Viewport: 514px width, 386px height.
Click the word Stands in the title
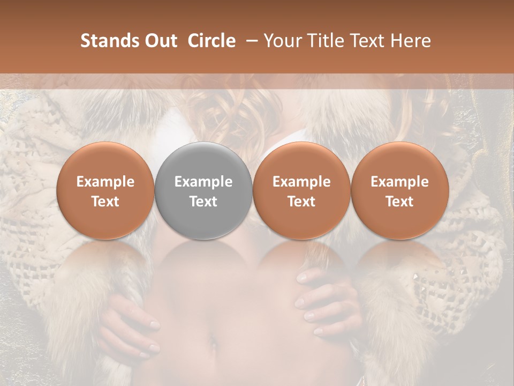click(107, 41)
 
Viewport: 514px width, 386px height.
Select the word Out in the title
click(160, 41)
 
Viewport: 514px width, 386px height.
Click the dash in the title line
click(250, 41)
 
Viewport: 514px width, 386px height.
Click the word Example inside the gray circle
click(203, 182)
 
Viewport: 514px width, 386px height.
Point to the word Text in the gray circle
click(203, 202)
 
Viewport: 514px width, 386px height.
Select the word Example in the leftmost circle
click(105, 182)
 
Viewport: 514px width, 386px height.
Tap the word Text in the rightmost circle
click(399, 202)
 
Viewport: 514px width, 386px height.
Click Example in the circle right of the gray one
click(301, 182)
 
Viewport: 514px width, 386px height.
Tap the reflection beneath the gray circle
click(203, 263)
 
